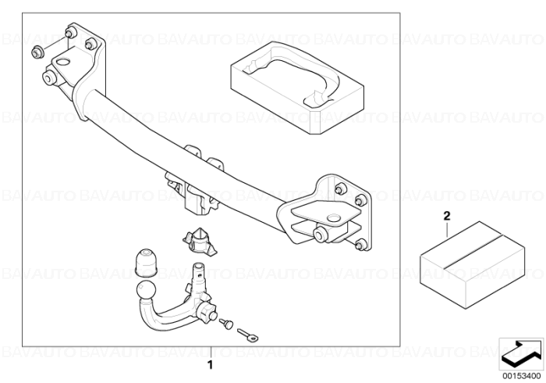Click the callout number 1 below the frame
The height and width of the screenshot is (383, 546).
click(210, 365)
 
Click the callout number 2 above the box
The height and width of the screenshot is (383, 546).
click(447, 217)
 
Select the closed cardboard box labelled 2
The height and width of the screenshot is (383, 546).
click(472, 264)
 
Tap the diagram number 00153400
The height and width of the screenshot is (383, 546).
click(521, 377)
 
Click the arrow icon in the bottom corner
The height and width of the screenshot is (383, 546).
click(520, 353)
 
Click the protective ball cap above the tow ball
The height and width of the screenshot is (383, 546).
click(146, 263)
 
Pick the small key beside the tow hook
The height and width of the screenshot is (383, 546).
click(248, 335)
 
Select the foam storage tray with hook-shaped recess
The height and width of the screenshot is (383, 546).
click(297, 88)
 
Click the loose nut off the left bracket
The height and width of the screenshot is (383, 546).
click(37, 52)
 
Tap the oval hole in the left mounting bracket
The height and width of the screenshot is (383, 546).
click(63, 62)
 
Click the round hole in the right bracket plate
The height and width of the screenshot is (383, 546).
click(335, 217)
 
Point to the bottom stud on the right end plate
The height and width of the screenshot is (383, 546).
click(361, 245)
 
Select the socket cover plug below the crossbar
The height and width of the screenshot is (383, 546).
click(198, 240)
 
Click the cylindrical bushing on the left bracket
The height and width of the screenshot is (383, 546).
click(49, 77)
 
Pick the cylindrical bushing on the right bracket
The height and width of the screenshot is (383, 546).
click(321, 234)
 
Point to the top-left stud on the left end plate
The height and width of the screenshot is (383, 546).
click(71, 33)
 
